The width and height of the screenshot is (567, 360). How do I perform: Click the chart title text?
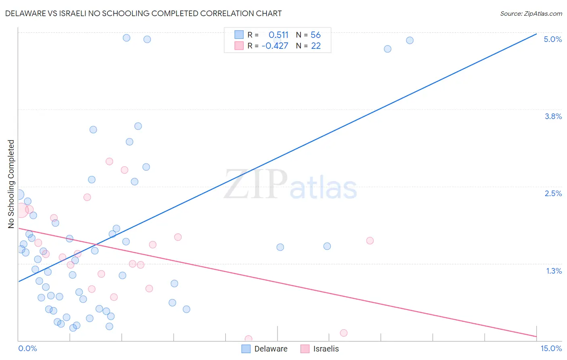(144, 13)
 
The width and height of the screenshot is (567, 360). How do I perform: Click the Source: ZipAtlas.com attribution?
(531, 13)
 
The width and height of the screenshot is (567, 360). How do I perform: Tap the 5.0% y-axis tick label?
(552, 39)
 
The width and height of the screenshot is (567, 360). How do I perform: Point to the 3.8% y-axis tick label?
(553, 116)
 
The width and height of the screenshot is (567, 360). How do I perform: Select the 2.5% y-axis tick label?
(553, 193)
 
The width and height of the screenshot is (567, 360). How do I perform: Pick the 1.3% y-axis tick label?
(554, 271)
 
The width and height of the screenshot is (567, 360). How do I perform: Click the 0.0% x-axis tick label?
(27, 348)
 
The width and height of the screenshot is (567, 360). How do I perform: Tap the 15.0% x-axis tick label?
(551, 348)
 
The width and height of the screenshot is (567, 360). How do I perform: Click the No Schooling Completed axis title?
(11, 184)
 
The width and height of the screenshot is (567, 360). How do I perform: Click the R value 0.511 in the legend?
(278, 35)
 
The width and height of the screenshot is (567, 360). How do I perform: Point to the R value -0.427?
(275, 46)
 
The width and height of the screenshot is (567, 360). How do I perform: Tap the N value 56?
(315, 35)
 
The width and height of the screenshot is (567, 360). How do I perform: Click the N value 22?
(316, 46)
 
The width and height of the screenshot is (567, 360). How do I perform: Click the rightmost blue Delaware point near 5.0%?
(410, 40)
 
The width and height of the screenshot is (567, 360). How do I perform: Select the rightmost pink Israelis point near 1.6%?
(370, 241)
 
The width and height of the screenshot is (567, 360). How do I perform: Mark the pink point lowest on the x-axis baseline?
(248, 339)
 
